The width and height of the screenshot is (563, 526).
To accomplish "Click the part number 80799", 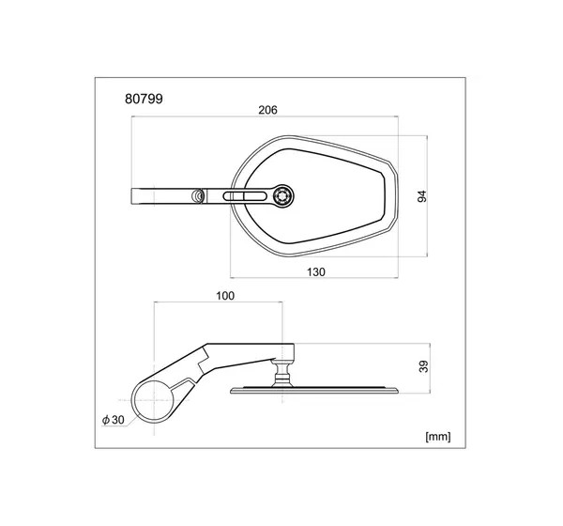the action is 144,99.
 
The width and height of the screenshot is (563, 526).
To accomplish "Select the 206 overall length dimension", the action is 267,110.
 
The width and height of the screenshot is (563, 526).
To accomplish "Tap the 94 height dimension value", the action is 422,196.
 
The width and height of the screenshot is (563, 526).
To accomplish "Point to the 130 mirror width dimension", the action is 316,272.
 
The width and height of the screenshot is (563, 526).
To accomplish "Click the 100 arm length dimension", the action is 225,296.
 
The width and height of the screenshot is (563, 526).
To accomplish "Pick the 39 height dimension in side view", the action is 424,366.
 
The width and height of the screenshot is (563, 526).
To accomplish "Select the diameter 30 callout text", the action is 114,420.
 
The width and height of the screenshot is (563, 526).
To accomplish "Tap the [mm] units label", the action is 437,437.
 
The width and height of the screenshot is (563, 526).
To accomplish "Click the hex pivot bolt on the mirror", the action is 282,196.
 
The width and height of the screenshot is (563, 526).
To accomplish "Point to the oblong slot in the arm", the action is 245,196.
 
